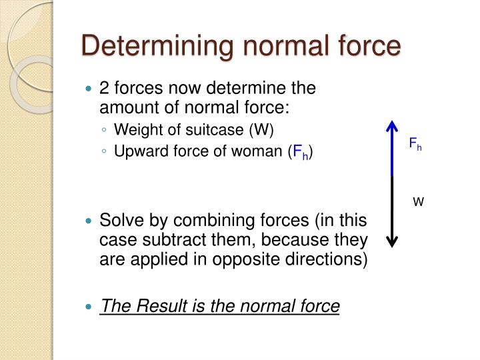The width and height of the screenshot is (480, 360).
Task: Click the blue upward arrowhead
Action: coord(392,127)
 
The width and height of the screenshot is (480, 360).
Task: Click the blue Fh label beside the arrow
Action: coord(415,143)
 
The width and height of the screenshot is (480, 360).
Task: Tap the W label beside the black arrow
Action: coord(418,200)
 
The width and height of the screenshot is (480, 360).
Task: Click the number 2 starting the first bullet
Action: coord(104,88)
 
